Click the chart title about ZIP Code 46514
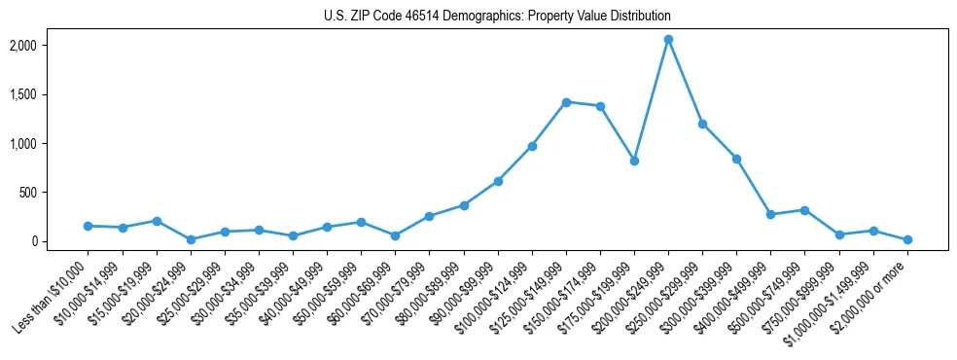pyautogui.click(x=497, y=17)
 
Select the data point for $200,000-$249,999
pyautogui.click(x=668, y=40)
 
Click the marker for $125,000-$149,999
pyautogui.click(x=566, y=102)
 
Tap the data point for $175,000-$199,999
pyautogui.click(x=634, y=161)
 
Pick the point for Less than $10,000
pyautogui.click(x=89, y=226)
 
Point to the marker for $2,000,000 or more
pyautogui.click(x=907, y=239)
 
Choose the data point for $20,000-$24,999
pyautogui.click(x=191, y=239)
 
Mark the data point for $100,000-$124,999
pyautogui.click(x=532, y=146)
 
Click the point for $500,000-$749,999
pyautogui.click(x=804, y=210)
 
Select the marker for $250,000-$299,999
pyautogui.click(x=702, y=124)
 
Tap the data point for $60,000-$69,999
pyautogui.click(x=395, y=235)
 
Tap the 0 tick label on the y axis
pyautogui.click(x=59, y=241)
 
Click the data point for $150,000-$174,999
pyautogui.click(x=600, y=106)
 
